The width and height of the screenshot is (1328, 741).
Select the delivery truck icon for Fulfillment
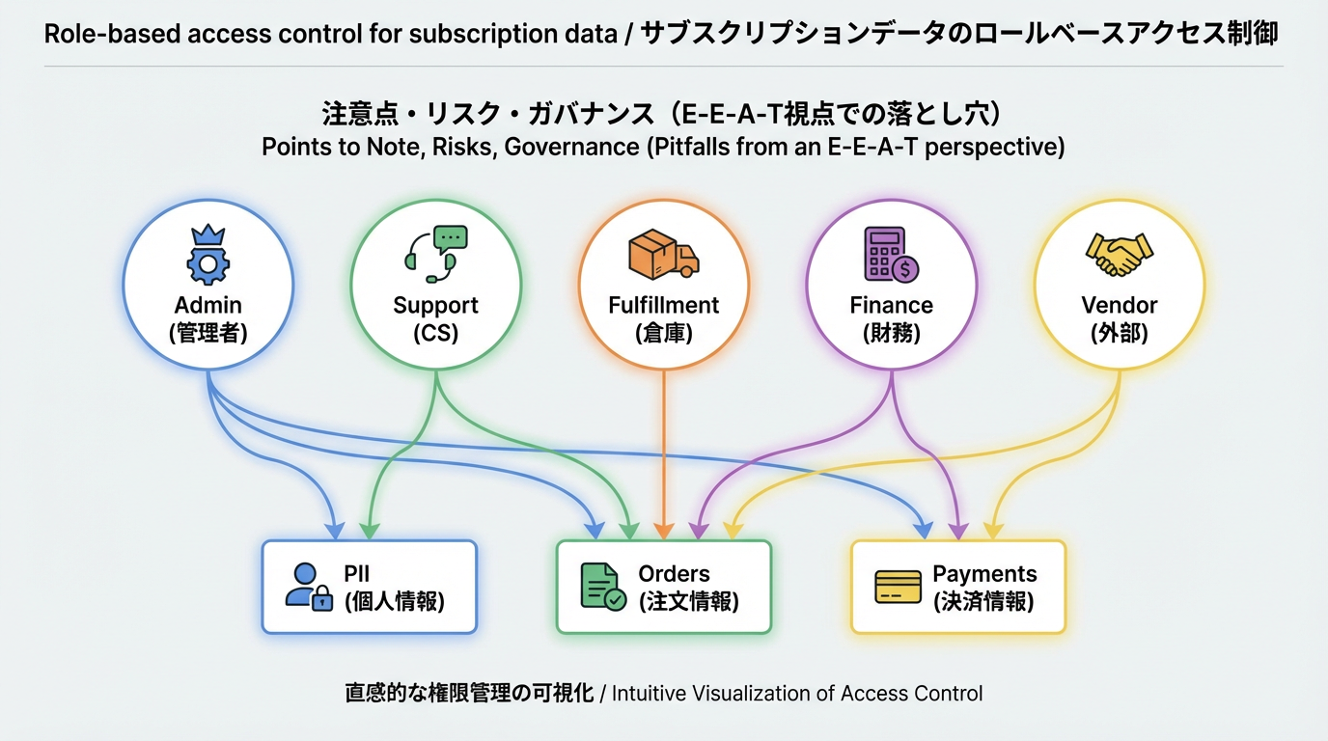663,254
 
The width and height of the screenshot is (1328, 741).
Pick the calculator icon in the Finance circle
891,254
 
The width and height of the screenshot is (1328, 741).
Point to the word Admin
207,305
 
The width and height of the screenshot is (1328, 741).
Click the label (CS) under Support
435,334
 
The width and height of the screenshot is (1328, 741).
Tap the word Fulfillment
664,305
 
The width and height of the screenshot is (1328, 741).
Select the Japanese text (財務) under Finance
891,334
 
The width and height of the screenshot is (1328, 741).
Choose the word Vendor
1119,305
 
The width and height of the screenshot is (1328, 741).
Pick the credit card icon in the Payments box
898,587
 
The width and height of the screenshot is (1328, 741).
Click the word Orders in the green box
674,573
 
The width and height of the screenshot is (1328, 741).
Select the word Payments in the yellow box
984,573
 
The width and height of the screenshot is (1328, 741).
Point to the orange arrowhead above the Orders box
663,531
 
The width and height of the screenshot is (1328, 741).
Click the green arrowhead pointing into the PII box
367,531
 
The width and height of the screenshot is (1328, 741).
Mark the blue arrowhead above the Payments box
923,531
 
